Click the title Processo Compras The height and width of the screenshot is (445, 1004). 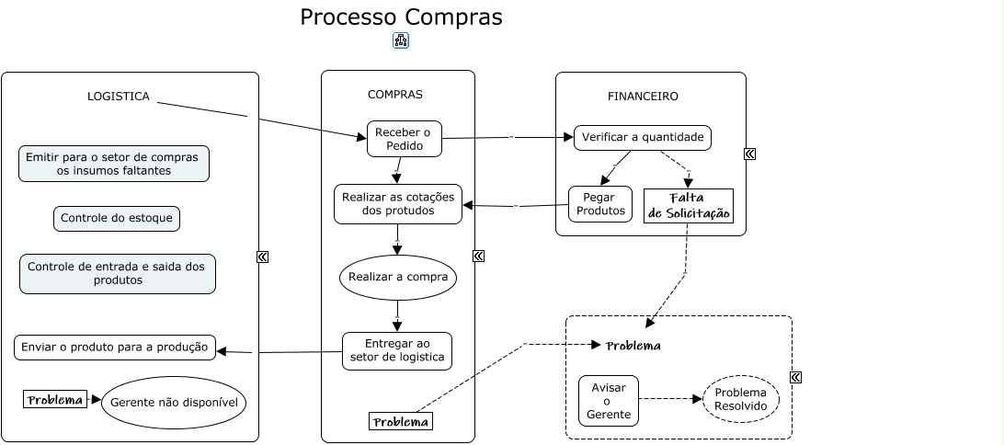401,17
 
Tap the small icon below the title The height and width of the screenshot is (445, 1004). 401,40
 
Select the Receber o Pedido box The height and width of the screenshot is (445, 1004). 404,139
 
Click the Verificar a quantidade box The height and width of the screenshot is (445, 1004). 643,138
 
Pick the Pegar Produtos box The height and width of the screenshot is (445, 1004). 600,204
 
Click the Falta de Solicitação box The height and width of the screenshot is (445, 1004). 688,206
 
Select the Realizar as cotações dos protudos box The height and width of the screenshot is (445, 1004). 397,204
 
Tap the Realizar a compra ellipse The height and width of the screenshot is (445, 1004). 397,277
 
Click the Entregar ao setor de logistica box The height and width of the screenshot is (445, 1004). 397,350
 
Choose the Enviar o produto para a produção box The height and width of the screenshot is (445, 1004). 115,348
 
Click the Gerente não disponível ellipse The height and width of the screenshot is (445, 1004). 174,403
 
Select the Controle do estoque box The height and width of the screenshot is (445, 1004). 116,219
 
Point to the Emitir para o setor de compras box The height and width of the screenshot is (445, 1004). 114,164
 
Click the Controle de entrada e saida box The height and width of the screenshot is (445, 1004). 117,273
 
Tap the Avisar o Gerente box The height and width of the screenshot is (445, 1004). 608,401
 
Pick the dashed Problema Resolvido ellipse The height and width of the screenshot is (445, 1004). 740,399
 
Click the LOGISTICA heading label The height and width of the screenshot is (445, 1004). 118,97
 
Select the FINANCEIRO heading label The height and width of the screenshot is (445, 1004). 643,97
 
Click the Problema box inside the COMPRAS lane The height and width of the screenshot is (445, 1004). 400,421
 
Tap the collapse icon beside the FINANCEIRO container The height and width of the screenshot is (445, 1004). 749,154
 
